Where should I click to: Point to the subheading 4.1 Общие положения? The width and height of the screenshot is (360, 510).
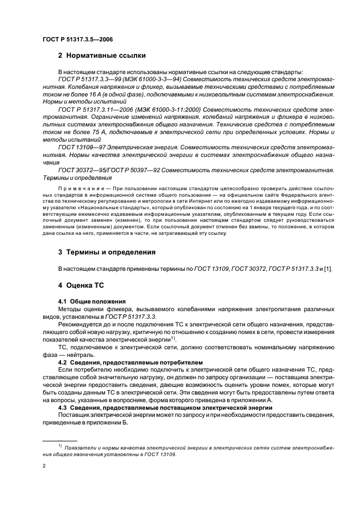92,301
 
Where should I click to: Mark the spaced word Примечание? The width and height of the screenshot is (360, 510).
80,186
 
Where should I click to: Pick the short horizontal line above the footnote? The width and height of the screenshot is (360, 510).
60,440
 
